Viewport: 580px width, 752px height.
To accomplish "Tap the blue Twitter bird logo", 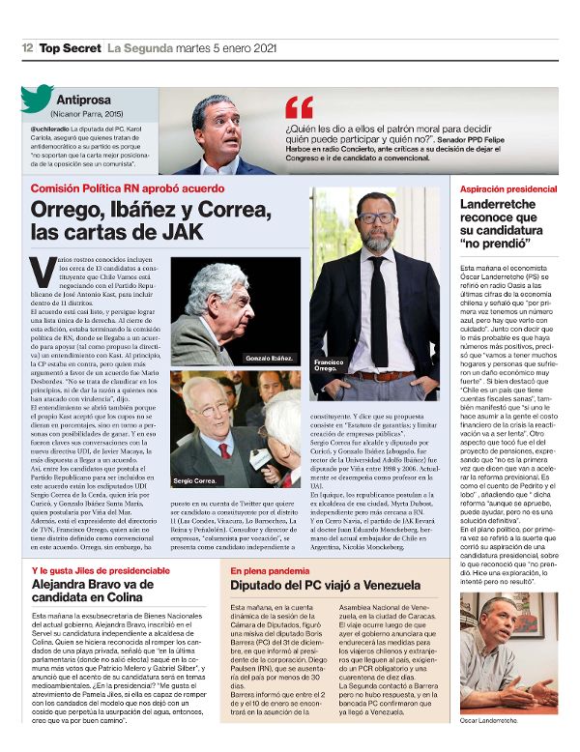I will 37,100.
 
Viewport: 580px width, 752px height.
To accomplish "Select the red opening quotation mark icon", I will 300,107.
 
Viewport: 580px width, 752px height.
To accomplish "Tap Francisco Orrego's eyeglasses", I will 375,218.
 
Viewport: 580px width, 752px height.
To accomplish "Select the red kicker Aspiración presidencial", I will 508,188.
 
